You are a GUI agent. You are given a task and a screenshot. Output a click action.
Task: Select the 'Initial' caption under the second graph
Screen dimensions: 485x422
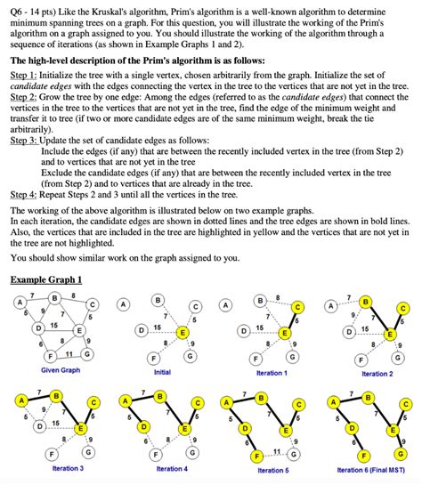[x=162, y=372]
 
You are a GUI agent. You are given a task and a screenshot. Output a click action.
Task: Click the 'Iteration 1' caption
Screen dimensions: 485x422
[x=271, y=373]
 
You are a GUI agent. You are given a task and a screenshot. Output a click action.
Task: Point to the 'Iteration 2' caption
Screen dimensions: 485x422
[x=375, y=374]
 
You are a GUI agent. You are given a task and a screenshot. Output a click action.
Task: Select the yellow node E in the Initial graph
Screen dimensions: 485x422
[x=182, y=333]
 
